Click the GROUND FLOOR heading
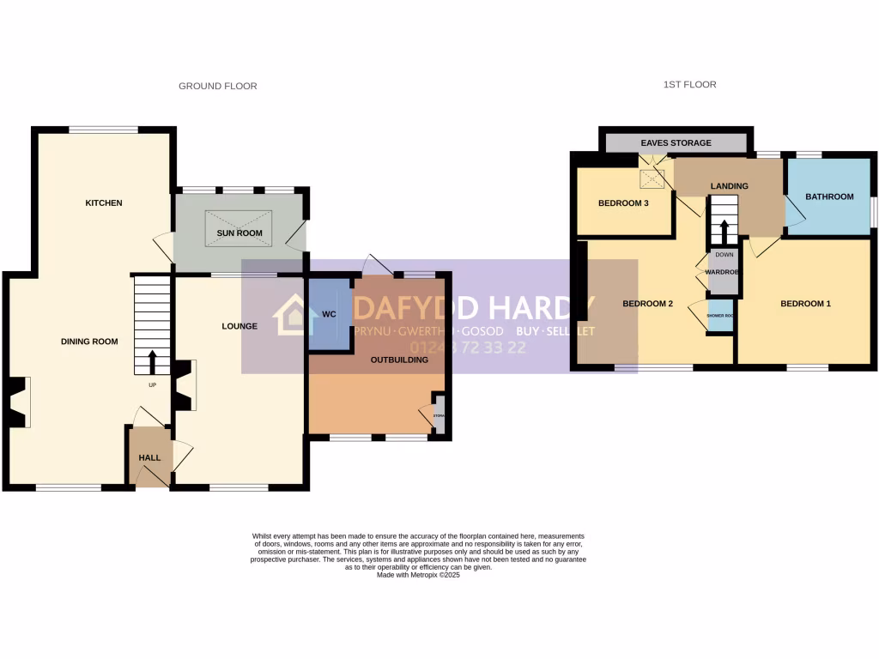tap(217, 86)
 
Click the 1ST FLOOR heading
tap(689, 84)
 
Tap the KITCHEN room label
tap(104, 203)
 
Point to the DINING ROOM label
tap(89, 342)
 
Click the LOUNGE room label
tap(239, 326)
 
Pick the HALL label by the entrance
tap(150, 458)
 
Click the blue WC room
tap(329, 314)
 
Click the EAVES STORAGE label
tap(676, 143)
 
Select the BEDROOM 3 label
tap(624, 203)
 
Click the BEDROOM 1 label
tap(805, 304)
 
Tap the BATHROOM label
tap(829, 196)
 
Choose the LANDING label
tap(730, 186)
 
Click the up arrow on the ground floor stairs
tap(153, 362)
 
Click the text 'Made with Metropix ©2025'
tap(419, 575)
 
